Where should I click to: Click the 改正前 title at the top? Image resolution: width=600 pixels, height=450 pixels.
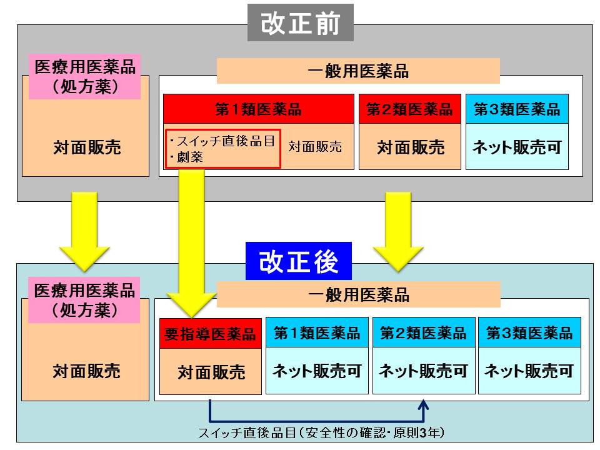[300, 23]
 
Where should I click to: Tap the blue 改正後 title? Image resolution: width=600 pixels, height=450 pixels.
[299, 261]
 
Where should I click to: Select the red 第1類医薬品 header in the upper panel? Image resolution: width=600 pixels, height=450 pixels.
[258, 109]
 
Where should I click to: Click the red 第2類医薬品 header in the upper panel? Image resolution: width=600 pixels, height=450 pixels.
[409, 109]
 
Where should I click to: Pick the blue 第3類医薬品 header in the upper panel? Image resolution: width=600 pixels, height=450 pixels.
[517, 109]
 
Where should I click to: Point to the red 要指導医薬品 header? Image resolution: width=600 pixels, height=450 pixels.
[210, 333]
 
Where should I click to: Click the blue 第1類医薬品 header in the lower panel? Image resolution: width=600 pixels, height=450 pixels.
[317, 333]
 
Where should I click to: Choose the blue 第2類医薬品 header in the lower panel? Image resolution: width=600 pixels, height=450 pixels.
[423, 333]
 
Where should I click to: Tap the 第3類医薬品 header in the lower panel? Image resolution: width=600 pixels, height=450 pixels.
[529, 333]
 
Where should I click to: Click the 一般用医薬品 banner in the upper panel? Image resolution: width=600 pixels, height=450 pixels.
[358, 71]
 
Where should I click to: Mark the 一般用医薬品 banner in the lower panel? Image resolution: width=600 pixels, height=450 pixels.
[359, 294]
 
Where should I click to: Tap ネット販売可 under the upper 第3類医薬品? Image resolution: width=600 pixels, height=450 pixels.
[517, 148]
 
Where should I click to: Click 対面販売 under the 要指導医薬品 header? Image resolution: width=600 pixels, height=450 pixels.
[211, 372]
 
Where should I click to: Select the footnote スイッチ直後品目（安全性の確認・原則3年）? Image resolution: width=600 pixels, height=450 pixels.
[321, 432]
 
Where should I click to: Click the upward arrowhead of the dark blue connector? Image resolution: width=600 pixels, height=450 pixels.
[424, 406]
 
